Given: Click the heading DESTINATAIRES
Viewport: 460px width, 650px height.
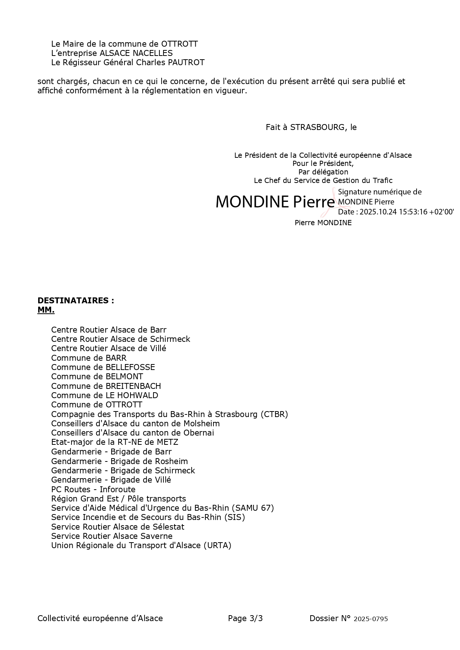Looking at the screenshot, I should click(76, 301).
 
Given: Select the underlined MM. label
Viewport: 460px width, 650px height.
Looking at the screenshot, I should click(46, 310).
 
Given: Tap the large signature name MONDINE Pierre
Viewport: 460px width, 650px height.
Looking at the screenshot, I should click(275, 202).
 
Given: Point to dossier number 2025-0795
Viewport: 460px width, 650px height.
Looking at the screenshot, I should click(371, 619).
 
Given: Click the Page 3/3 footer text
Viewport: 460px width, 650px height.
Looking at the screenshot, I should click(245, 619).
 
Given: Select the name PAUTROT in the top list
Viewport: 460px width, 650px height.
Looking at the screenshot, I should click(186, 63).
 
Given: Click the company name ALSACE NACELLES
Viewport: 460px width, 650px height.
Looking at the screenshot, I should click(136, 53).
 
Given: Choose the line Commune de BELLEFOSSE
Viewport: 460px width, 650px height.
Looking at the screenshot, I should click(103, 367).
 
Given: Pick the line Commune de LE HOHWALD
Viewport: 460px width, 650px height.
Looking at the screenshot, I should click(105, 396).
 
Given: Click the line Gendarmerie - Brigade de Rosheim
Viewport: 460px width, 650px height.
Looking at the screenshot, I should click(119, 461).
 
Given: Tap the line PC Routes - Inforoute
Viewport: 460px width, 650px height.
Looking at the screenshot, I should click(93, 490).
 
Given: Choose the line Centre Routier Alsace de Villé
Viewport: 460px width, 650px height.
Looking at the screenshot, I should click(109, 349).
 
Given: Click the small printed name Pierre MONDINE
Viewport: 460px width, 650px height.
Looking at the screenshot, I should click(323, 223).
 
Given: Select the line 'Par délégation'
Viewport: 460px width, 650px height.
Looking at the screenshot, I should click(323, 172).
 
